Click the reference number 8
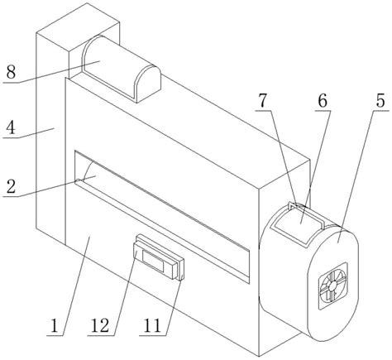[12, 72]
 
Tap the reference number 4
[11, 127]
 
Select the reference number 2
[11, 187]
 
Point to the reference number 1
[55, 326]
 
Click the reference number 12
[100, 326]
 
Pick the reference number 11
[152, 326]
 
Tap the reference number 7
[263, 100]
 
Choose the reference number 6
[323, 100]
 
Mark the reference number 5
[380, 100]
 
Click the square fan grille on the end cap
[333, 286]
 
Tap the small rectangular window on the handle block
[153, 262]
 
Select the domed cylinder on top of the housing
[122, 69]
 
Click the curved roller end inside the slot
[88, 171]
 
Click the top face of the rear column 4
[78, 26]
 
